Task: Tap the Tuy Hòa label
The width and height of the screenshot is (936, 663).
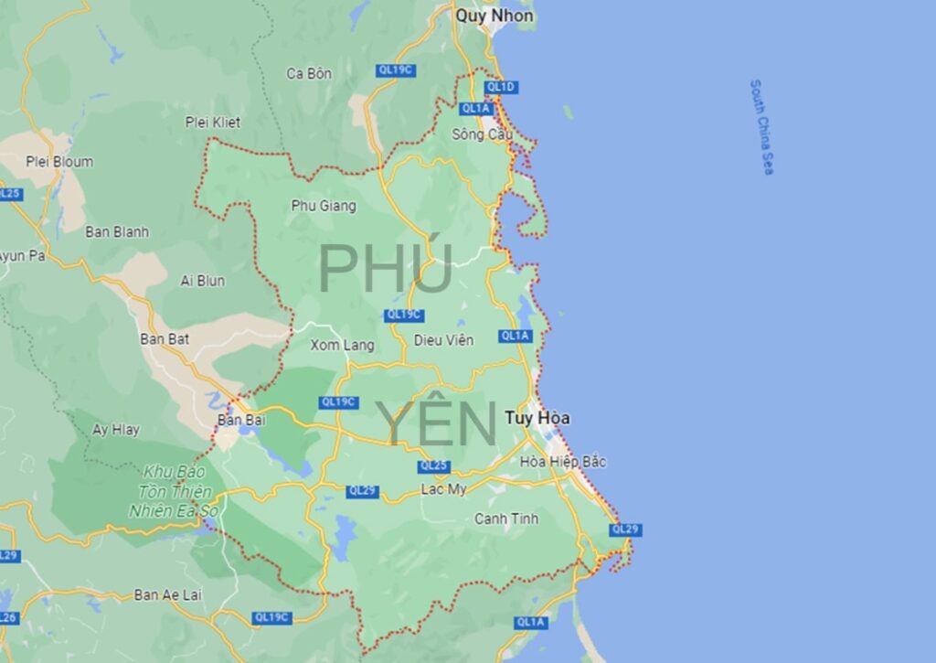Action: click(537, 418)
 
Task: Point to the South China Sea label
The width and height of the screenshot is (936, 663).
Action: click(761, 126)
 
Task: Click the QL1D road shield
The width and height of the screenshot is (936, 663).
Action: click(502, 87)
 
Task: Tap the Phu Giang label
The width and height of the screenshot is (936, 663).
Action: click(324, 206)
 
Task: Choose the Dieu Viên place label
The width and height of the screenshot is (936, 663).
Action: click(444, 341)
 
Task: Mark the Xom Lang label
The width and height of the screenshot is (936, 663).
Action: click(343, 345)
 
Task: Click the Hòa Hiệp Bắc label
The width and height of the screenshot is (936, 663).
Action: click(563, 462)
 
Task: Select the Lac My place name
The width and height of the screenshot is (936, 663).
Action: click(443, 490)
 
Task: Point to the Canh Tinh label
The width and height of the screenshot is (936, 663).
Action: click(506, 519)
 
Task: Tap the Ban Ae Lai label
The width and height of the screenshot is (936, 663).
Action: click(168, 594)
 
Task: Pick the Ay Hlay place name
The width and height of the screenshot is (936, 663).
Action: click(116, 429)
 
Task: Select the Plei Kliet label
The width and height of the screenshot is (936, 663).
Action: click(211, 122)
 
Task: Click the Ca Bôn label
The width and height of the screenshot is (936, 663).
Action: click(309, 73)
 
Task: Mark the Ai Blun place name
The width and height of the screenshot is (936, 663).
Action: click(203, 281)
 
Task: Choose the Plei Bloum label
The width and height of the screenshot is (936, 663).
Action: click(59, 162)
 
